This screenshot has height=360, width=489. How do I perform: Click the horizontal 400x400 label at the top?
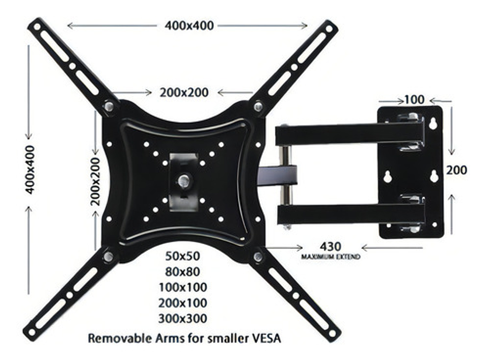[189, 25]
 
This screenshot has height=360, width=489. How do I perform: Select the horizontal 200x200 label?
[184, 92]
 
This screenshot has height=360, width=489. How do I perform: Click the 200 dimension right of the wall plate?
[456, 170]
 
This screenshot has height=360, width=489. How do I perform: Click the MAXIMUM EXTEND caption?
[331, 257]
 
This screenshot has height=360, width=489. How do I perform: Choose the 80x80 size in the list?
[183, 271]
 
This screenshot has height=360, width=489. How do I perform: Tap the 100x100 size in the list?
[183, 287]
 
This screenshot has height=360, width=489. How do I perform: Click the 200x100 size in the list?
[183, 303]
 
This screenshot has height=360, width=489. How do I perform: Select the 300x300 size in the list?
[183, 319]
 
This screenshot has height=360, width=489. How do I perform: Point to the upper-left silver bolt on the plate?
[108, 106]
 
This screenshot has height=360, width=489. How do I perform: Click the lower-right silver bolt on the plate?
[258, 256]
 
